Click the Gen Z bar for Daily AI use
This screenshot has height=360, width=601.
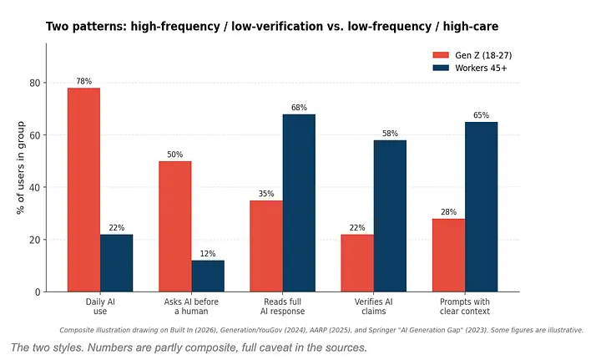pyautogui.click(x=84, y=190)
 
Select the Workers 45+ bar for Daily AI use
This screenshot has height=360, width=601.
pyautogui.click(x=117, y=263)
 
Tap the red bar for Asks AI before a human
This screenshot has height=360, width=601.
pyautogui.click(x=175, y=226)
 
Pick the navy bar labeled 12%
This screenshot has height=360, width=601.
pyautogui.click(x=208, y=276)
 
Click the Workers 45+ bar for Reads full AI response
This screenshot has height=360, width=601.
pyautogui.click(x=299, y=203)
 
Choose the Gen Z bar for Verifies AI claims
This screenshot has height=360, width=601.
pyautogui.click(x=357, y=263)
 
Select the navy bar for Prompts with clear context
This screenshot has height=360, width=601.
pyautogui.click(x=482, y=206)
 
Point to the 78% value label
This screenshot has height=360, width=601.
pyautogui.click(x=84, y=81)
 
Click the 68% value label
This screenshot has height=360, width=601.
pyautogui.click(x=299, y=108)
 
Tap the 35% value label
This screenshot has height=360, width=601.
pyautogui.click(x=266, y=194)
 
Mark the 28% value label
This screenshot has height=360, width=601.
pyautogui.click(x=448, y=212)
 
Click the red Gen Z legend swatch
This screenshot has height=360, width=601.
pyautogui.click(x=441, y=55)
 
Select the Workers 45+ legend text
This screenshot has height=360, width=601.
pyautogui.click(x=481, y=68)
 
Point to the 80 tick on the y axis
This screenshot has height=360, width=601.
pyautogui.click(x=35, y=83)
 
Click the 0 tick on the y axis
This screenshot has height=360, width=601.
pyautogui.click(x=38, y=292)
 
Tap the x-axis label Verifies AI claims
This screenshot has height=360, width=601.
pyautogui.click(x=374, y=307)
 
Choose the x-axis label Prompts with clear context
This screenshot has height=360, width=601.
pyautogui.click(x=465, y=307)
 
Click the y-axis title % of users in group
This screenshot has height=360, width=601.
pyautogui.click(x=21, y=168)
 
